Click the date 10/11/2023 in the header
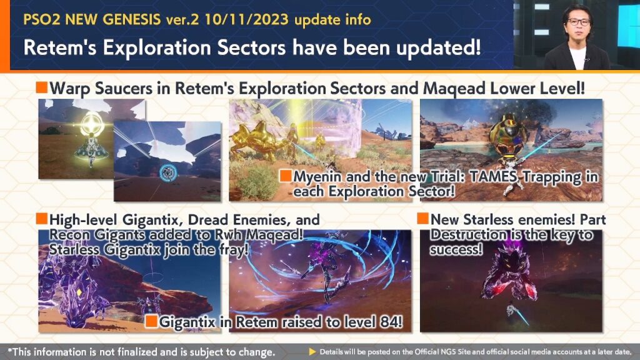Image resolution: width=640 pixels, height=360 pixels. click(x=246, y=19)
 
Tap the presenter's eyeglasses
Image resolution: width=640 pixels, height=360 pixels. click(x=578, y=22)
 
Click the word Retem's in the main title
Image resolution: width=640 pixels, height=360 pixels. click(x=59, y=47)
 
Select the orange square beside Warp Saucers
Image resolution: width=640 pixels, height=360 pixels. click(x=42, y=87)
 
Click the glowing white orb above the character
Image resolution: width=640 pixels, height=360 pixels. click(x=92, y=124)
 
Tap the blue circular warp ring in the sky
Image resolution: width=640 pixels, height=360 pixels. click(x=167, y=173)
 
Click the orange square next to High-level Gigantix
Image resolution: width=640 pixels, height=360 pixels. click(x=42, y=219)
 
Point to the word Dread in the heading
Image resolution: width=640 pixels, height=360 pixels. click(x=206, y=220)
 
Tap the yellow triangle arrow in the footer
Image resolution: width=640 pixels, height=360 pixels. click(x=312, y=352)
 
